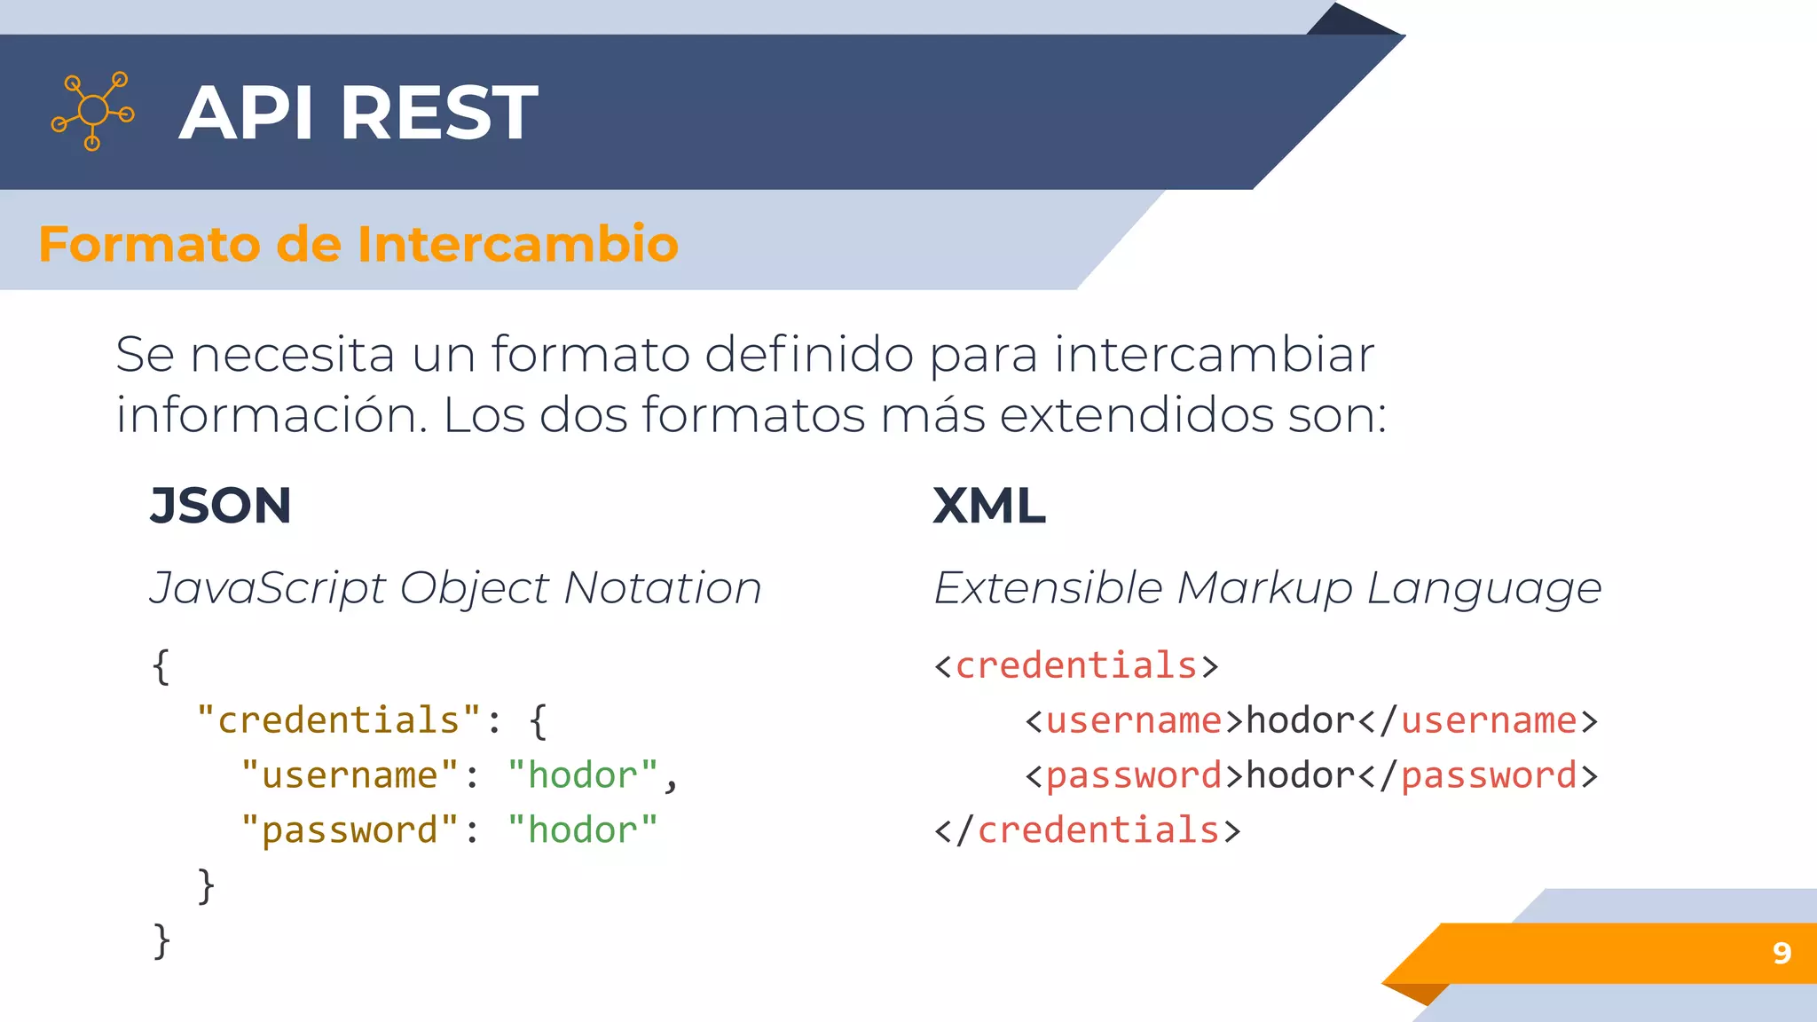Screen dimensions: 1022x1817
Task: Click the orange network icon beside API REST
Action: coord(93,111)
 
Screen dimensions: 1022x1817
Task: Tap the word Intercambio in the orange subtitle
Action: coord(517,244)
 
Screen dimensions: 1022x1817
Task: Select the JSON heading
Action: coord(220,506)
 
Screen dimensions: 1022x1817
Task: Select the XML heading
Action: coord(988,506)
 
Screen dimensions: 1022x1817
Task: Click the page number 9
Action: coord(1782,953)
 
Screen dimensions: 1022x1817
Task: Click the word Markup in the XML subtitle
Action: coord(1264,588)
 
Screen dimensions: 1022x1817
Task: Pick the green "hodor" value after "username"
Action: coord(582,774)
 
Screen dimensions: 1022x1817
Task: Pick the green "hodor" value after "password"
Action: coord(582,830)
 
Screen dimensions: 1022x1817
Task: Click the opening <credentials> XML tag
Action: coord(1076,665)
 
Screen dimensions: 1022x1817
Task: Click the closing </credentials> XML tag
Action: coord(1087,830)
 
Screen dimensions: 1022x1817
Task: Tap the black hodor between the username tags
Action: coord(1300,720)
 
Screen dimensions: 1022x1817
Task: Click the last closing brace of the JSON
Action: coord(161,940)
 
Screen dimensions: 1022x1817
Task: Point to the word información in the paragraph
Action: coord(271,414)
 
